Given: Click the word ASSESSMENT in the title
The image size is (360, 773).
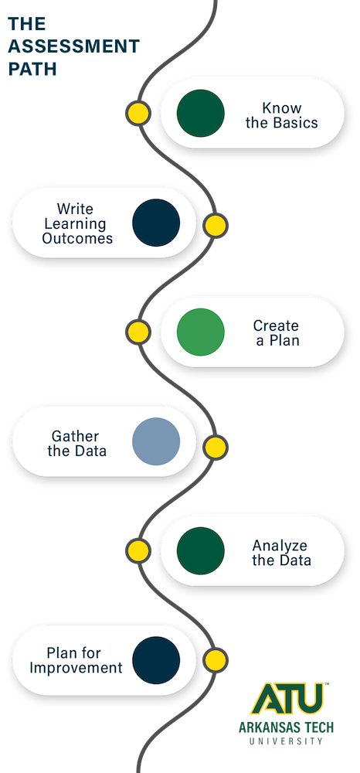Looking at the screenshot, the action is (74, 46).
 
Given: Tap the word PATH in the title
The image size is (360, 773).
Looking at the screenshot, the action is (32, 69).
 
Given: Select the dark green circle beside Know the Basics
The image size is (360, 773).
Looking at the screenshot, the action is (200, 114).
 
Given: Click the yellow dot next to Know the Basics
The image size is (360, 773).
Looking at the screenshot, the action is (138, 113).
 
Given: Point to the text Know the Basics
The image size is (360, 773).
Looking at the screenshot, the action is (282, 115).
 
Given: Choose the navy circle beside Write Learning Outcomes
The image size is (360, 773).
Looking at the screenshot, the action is (156, 223).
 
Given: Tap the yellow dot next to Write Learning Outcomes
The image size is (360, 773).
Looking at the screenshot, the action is (216, 226).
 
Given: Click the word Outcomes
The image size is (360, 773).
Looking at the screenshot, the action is (77, 239).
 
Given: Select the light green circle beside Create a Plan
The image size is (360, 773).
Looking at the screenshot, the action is (200, 332).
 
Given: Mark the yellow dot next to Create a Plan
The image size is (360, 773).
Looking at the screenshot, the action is (138, 332).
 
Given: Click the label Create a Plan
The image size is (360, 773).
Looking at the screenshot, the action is (277, 332).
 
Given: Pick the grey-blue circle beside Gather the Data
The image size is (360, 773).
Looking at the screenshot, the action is (156, 441).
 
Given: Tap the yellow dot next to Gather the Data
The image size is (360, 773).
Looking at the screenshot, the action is (216, 448).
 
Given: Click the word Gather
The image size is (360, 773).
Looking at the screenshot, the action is (76, 436).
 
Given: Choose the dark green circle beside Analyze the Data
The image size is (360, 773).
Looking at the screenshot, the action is (200, 550).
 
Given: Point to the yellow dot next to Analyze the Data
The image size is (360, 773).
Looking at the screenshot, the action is (138, 550).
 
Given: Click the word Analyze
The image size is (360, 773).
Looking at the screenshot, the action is (280, 547).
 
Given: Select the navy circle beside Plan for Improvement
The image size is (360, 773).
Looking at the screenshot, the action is (156, 660).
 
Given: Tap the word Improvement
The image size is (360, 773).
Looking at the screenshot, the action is (76, 669).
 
